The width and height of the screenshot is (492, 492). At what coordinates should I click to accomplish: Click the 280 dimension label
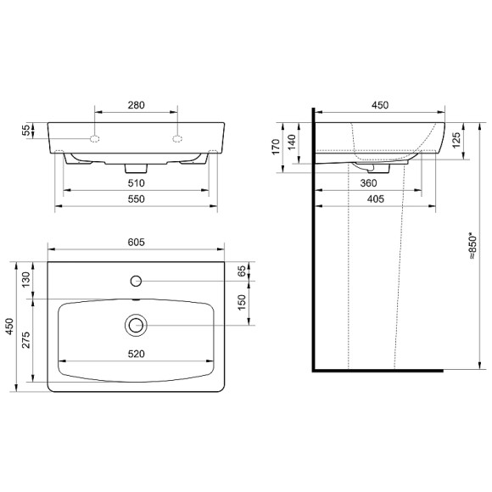click(x=136, y=104)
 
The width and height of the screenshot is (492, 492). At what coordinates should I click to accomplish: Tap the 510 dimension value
click(x=136, y=182)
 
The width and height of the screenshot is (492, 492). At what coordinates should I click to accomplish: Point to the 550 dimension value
click(x=136, y=198)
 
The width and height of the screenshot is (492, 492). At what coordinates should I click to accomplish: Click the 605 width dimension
click(x=136, y=243)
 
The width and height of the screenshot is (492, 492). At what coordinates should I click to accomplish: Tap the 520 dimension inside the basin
click(x=136, y=354)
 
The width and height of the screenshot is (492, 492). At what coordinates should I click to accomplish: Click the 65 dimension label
click(x=242, y=271)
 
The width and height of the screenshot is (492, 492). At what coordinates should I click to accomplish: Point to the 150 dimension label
click(x=242, y=303)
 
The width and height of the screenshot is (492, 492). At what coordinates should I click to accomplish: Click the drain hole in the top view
click(x=136, y=324)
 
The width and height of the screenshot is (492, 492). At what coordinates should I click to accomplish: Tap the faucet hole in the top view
click(x=136, y=279)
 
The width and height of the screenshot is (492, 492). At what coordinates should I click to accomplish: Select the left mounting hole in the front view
click(x=95, y=137)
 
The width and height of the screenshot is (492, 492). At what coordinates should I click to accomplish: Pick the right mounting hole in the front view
click(x=177, y=137)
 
